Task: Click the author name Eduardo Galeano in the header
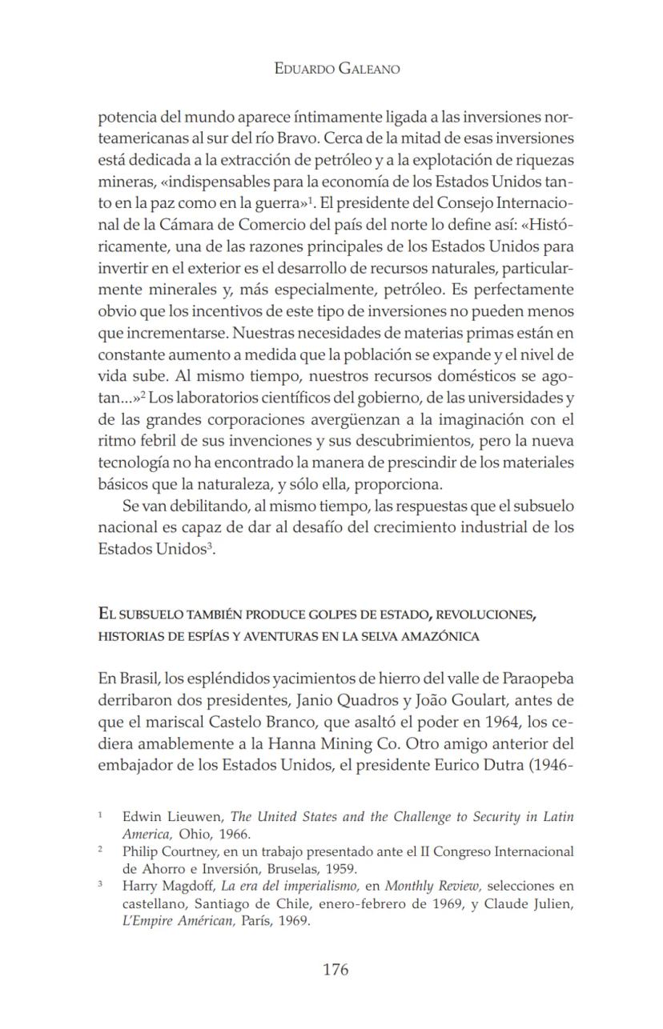[336, 69]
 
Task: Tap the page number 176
[336, 970]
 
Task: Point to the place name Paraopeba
[535, 679]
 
